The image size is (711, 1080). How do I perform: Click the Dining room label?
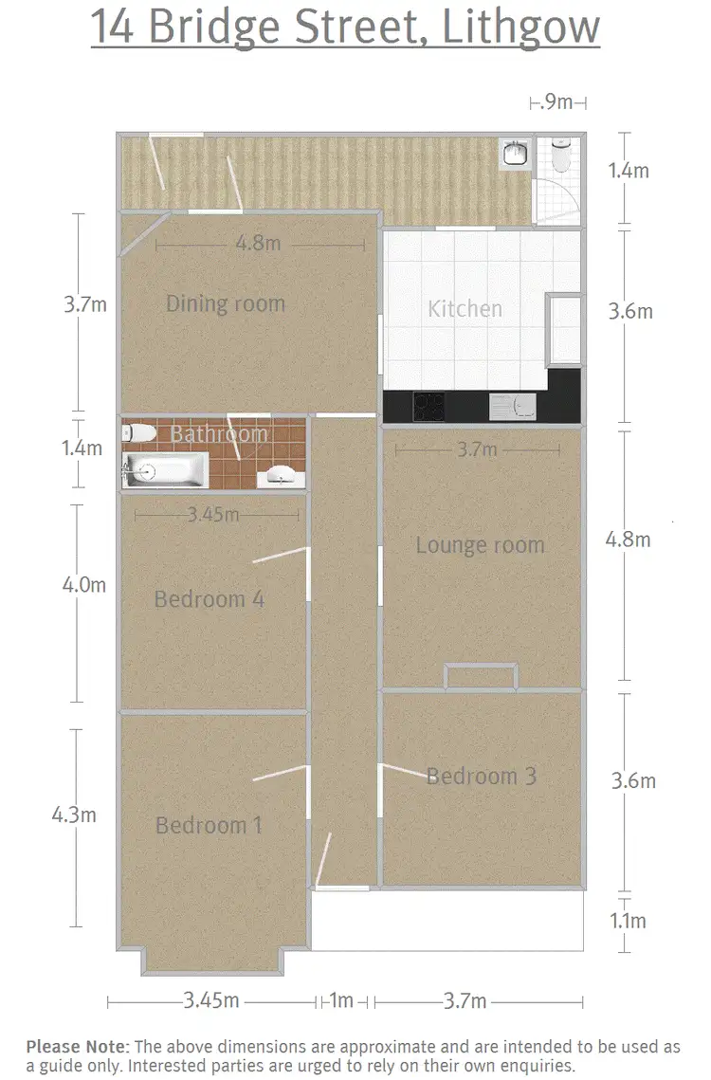(x=225, y=304)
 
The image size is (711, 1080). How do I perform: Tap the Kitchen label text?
(x=465, y=309)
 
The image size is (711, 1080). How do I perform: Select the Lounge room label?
(x=480, y=545)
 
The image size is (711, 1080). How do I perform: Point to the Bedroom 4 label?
(x=209, y=599)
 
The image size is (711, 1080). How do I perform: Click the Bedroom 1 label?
(x=209, y=826)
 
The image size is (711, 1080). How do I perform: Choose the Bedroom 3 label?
(x=481, y=777)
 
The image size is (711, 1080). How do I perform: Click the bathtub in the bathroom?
(x=165, y=469)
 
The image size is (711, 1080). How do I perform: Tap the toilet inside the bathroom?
(x=139, y=433)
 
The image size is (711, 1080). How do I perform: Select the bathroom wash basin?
(x=280, y=475)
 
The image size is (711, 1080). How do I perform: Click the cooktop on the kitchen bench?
(x=428, y=407)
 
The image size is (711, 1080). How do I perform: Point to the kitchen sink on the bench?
(x=512, y=408)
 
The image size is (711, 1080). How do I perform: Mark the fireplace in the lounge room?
(x=482, y=676)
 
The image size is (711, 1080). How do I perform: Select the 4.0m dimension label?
(x=83, y=585)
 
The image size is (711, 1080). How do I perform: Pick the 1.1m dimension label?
(x=627, y=921)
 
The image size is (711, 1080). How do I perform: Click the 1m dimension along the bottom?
(x=341, y=1001)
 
